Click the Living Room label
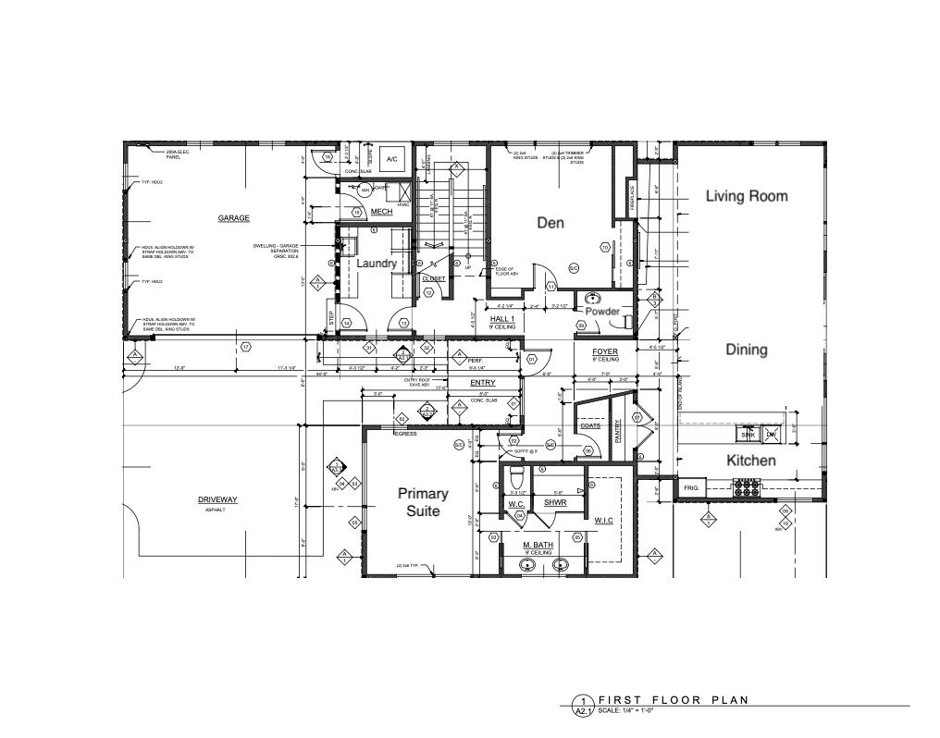(747, 196)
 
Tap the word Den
(550, 223)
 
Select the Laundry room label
(377, 264)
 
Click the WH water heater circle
(365, 191)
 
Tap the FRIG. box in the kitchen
(691, 487)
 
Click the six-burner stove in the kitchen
(747, 483)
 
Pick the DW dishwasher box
(771, 434)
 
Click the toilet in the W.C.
(517, 478)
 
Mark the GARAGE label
(234, 218)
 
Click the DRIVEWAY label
(217, 500)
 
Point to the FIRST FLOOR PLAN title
(673, 700)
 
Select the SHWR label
(554, 503)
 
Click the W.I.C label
(604, 520)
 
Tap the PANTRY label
(618, 426)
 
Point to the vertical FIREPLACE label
(633, 199)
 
